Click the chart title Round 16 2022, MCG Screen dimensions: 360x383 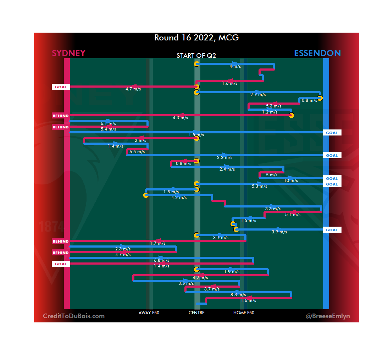click(196, 38)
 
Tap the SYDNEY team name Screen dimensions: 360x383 click(68, 53)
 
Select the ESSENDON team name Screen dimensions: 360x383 click(317, 53)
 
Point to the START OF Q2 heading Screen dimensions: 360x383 click(196, 56)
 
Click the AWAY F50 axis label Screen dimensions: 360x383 click(149, 313)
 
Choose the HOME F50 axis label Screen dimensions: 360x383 click(244, 313)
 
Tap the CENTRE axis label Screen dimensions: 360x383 click(196, 313)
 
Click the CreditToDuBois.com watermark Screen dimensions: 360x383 click(74, 316)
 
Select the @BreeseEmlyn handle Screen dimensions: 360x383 click(327, 316)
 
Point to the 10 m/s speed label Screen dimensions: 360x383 click(291, 181)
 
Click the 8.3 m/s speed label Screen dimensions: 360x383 click(238, 295)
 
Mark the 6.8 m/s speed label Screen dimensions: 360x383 click(161, 260)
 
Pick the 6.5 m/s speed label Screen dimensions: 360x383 click(137, 152)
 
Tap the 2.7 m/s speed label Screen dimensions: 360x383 click(258, 95)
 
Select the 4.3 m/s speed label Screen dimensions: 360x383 click(180, 118)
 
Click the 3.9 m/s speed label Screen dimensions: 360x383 click(279, 232)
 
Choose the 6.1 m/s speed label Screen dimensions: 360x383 click(109, 123)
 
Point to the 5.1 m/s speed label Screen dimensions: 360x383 click(293, 215)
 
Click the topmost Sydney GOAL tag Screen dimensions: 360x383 click(61, 87)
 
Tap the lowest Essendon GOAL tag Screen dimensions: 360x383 click(332, 230)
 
